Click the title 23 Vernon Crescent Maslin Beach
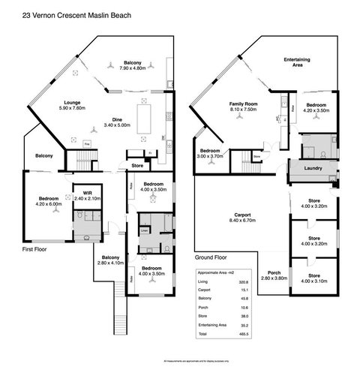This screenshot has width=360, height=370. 70,14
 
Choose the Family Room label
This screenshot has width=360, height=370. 243,104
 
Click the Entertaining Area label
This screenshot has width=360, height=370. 297,62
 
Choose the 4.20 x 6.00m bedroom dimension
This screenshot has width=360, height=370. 48,203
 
